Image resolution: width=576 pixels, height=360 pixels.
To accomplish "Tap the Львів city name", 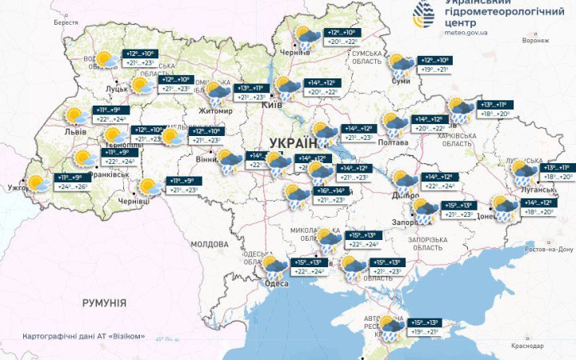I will (76, 130).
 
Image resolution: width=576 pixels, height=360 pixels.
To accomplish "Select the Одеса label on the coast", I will (277, 284).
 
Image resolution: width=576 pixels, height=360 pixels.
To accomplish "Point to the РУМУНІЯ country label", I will (104, 303).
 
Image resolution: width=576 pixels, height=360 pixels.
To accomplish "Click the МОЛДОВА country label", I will (210, 243).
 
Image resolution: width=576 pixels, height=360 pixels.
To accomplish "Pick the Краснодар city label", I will (526, 345).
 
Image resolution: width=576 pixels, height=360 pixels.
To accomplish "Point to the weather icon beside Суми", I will (400, 64).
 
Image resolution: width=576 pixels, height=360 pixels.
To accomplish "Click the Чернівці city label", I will (134, 202).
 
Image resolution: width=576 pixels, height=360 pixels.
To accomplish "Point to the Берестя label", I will (66, 22).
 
